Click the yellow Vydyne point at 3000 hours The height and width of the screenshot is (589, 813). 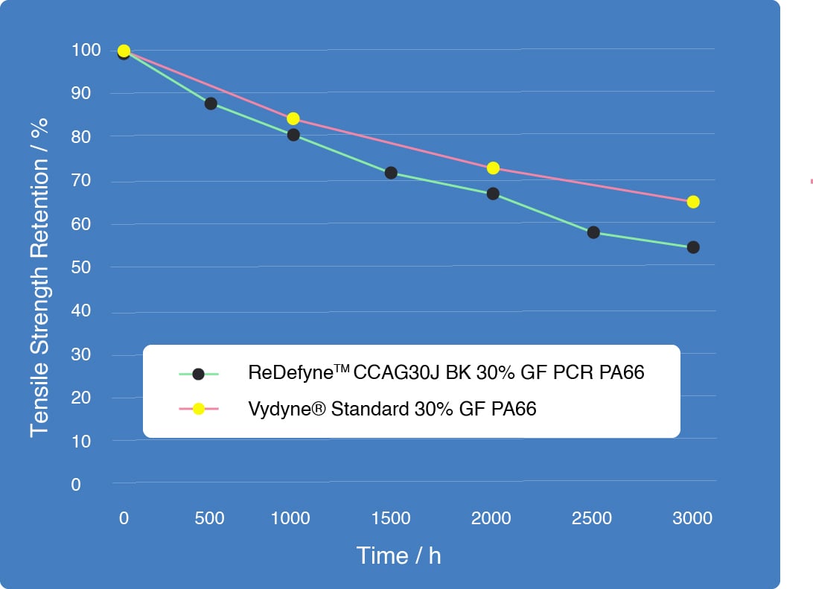pos(693,202)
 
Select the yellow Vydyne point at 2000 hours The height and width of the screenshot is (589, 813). pos(493,168)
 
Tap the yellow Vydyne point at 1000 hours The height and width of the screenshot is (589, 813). pos(293,119)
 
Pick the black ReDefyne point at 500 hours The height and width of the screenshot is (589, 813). pos(211,104)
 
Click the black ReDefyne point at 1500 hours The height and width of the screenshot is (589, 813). pos(391,173)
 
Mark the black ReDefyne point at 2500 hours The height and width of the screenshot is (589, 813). pos(593,232)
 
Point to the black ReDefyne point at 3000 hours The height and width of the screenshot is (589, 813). pos(693,247)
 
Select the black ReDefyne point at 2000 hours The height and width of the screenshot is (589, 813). pos(493,194)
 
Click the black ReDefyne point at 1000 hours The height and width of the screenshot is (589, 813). pos(293,135)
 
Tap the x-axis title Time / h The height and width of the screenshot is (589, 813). pos(398,555)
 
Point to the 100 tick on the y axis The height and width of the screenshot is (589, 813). pos(86,51)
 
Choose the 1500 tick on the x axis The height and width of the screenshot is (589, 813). pos(391,518)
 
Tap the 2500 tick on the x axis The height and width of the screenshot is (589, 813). pos(592,518)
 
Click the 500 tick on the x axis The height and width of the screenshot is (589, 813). pos(209,518)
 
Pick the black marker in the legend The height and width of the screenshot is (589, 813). pos(198,374)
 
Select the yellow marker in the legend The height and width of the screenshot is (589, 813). pos(198,409)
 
